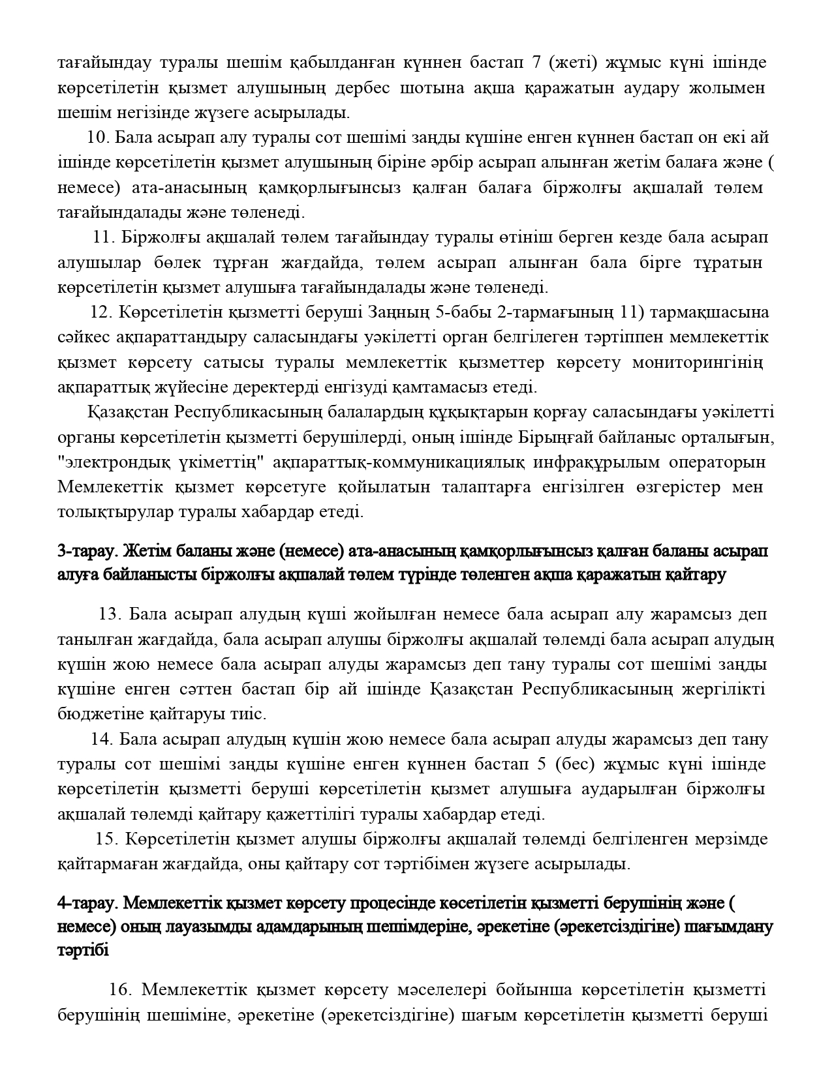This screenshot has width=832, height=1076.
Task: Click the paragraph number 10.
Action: click(x=99, y=138)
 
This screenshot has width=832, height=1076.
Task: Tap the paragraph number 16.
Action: click(x=121, y=990)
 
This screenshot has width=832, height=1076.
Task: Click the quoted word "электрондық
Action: click(x=111, y=462)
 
